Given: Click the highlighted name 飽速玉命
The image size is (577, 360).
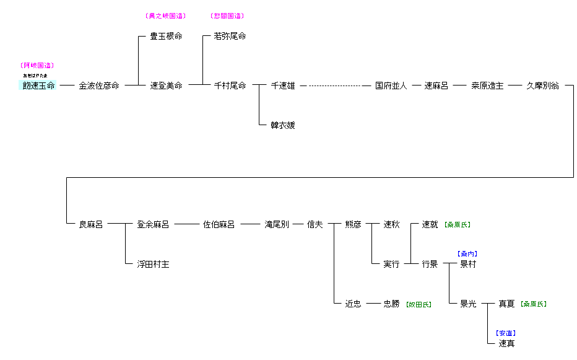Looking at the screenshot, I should (39, 86).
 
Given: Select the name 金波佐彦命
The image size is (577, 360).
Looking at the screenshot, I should (99, 86).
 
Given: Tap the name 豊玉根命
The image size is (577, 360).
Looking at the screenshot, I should (166, 37).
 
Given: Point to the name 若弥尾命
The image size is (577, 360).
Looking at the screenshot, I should (230, 37).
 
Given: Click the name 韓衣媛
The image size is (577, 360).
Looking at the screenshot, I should (283, 125).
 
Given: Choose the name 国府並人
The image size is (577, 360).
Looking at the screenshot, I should (391, 86).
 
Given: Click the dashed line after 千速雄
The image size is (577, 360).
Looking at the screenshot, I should (335, 86).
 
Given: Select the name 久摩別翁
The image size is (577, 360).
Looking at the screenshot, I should (542, 86).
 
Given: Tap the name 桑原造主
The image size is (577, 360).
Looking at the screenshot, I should (487, 86).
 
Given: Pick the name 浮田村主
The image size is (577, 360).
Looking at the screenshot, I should (153, 265).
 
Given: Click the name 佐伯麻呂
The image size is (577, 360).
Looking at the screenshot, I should (219, 225).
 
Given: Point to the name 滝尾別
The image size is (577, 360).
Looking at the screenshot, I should (277, 225).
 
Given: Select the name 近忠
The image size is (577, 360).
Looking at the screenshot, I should (353, 304).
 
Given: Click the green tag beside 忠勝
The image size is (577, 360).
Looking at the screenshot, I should (419, 304).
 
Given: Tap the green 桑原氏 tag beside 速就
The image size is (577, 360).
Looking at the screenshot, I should (458, 225).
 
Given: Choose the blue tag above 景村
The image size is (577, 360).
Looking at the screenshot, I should (467, 254).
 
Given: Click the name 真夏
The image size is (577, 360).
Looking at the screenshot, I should (506, 304).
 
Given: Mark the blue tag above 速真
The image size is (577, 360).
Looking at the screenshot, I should (506, 333).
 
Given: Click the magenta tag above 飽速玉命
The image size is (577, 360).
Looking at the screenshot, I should (37, 66).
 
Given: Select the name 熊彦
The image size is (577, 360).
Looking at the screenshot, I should (353, 225).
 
